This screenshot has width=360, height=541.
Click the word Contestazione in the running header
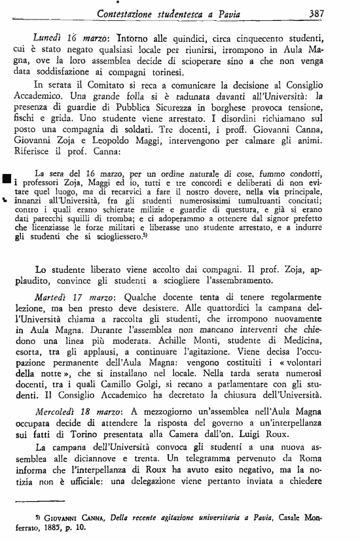pos(125,12)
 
